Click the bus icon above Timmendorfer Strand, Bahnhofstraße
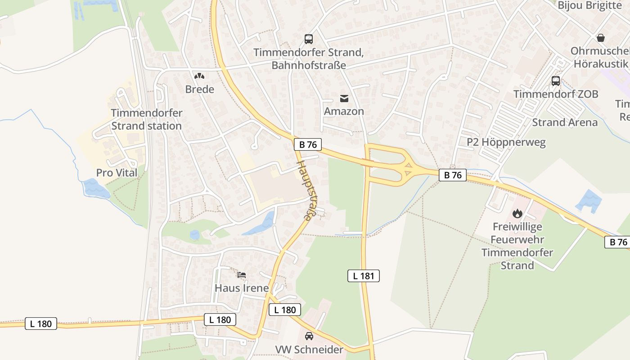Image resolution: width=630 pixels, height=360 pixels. pos(308,39)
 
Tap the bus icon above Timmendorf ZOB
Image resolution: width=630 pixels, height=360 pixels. pos(556,81)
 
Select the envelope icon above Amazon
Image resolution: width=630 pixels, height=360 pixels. pos(344,98)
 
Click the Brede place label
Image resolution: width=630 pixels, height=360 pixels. pos(199,89)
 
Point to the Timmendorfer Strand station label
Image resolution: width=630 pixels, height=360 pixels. pos(146,119)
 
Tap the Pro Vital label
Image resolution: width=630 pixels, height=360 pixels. pos(117,173)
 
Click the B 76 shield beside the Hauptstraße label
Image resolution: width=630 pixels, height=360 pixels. pos(307,144)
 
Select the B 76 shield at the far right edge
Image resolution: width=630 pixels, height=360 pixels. pos(618,242)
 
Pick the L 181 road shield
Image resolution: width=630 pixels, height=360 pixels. pos(363,276)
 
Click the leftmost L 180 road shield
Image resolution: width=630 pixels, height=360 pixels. pos(41,324)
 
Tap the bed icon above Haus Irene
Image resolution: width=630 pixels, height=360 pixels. pos(242,274)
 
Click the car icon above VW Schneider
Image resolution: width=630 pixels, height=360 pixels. pos(309,336)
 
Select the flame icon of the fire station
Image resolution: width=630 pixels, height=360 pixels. pos(517,213)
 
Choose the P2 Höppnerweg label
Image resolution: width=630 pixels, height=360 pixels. pos(506,143)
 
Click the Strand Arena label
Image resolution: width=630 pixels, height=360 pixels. pos(565,122)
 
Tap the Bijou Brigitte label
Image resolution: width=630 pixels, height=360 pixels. pos(589,5)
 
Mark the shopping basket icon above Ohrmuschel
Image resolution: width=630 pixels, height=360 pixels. pos(600,38)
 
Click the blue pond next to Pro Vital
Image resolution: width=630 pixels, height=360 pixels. pos(95,189)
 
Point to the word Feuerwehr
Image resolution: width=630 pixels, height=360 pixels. pos(517,240)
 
